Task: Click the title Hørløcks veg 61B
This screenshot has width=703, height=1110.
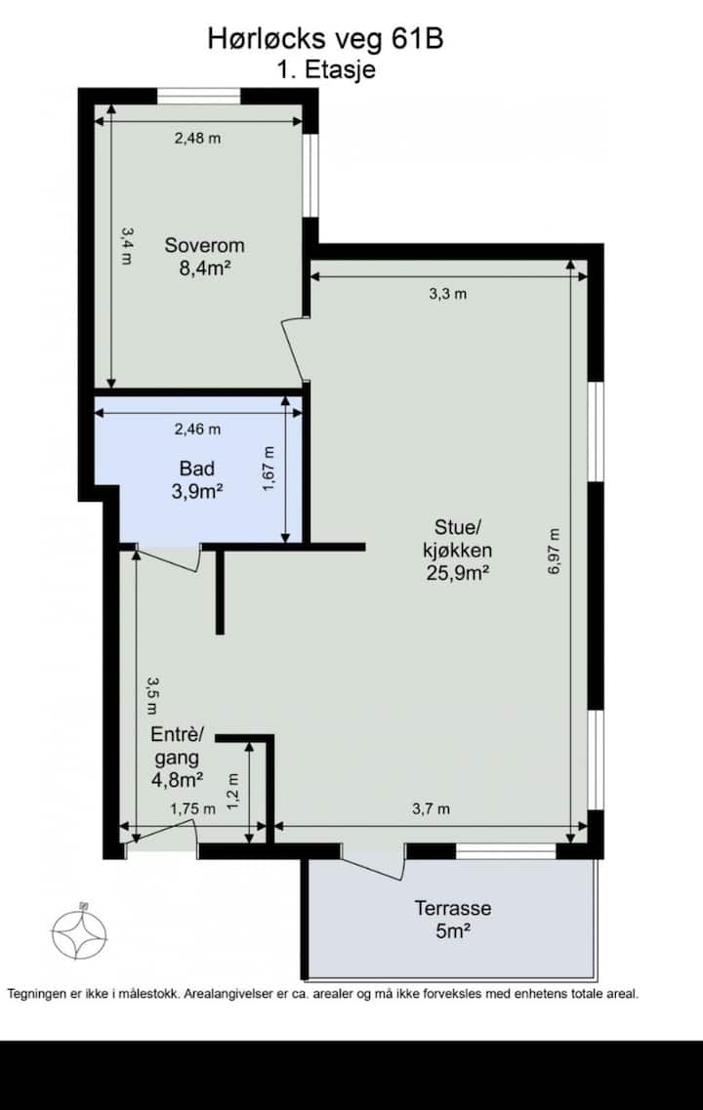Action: pos(326,38)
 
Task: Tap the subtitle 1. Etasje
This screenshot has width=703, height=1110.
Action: pos(325,70)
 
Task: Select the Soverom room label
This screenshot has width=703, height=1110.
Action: pos(205,245)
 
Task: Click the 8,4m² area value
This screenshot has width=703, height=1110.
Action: pos(206,268)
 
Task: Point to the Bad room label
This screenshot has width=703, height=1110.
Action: pos(197,468)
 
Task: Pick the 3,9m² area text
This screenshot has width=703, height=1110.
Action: pos(197,491)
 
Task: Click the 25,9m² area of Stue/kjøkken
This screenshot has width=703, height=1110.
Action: pos(458,573)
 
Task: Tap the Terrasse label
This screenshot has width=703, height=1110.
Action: pos(453,908)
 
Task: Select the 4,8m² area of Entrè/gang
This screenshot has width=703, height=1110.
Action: pos(178,780)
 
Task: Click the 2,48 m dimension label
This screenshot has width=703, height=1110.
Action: pos(197,138)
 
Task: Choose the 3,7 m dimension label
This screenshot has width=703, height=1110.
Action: pos(432,808)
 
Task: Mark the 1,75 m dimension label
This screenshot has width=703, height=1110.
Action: pos(192,808)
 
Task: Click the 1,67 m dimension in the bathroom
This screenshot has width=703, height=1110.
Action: pos(269,469)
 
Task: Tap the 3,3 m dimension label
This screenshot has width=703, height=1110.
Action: pos(447,294)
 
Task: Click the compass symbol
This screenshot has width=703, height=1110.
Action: pos(79,933)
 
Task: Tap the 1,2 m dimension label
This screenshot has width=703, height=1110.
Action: pos(233,793)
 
